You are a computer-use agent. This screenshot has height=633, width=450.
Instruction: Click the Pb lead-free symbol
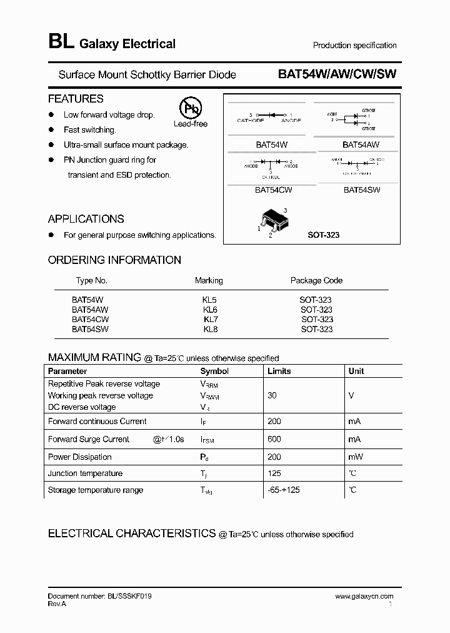[x=191, y=108]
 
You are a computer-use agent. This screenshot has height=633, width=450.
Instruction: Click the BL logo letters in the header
[x=61, y=43]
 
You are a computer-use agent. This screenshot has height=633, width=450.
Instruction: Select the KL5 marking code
[x=210, y=300]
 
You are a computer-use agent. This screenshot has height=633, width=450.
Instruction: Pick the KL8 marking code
[x=210, y=329]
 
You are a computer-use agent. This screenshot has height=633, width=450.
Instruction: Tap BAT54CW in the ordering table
[x=90, y=320]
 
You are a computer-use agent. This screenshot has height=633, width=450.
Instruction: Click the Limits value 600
[x=274, y=439]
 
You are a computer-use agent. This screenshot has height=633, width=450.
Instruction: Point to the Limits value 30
[x=272, y=395]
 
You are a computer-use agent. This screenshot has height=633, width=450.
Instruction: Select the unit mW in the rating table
[x=355, y=457]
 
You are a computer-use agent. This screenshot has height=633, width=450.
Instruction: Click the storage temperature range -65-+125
[x=283, y=490]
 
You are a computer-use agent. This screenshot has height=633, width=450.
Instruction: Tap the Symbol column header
[x=214, y=371]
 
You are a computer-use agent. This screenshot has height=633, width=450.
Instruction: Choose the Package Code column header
[x=316, y=280]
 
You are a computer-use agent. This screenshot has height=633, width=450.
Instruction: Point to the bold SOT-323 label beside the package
[x=324, y=235]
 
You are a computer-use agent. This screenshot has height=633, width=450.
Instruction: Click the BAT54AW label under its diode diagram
[x=361, y=144]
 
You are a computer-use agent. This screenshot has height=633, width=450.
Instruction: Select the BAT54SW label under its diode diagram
[x=361, y=190]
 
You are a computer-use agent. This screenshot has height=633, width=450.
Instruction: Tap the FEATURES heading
[x=76, y=99]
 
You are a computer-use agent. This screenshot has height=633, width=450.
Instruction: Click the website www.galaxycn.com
[x=364, y=597]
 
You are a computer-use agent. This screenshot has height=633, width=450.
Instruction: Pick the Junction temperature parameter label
[x=85, y=473]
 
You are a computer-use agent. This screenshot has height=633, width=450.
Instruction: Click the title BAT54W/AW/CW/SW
[x=337, y=74]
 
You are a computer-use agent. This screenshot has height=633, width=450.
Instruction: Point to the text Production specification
[x=354, y=45]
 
